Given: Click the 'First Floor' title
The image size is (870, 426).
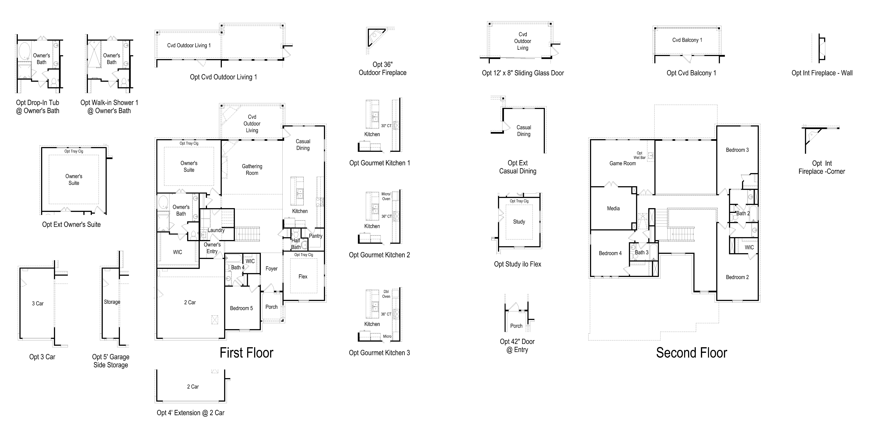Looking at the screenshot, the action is [x=247, y=353].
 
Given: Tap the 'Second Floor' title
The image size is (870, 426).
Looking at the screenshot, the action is [x=691, y=353].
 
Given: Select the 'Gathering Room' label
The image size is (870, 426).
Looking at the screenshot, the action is [x=252, y=169].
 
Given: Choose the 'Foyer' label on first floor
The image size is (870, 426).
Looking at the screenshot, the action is [x=272, y=269].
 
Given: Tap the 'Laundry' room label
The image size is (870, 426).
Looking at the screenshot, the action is [x=216, y=230].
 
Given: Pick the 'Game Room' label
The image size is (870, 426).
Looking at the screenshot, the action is [x=622, y=163].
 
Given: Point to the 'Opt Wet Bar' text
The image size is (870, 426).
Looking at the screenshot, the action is [x=639, y=155].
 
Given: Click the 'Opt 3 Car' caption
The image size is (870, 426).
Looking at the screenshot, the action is [x=42, y=357].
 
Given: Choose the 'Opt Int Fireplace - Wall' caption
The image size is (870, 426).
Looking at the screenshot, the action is [x=822, y=73].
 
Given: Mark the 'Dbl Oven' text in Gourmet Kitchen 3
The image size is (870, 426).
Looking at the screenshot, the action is [x=386, y=294].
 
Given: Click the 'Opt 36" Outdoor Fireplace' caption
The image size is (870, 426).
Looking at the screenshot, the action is [x=382, y=69].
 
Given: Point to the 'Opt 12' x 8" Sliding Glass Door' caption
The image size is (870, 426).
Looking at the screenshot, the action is [x=523, y=73].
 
